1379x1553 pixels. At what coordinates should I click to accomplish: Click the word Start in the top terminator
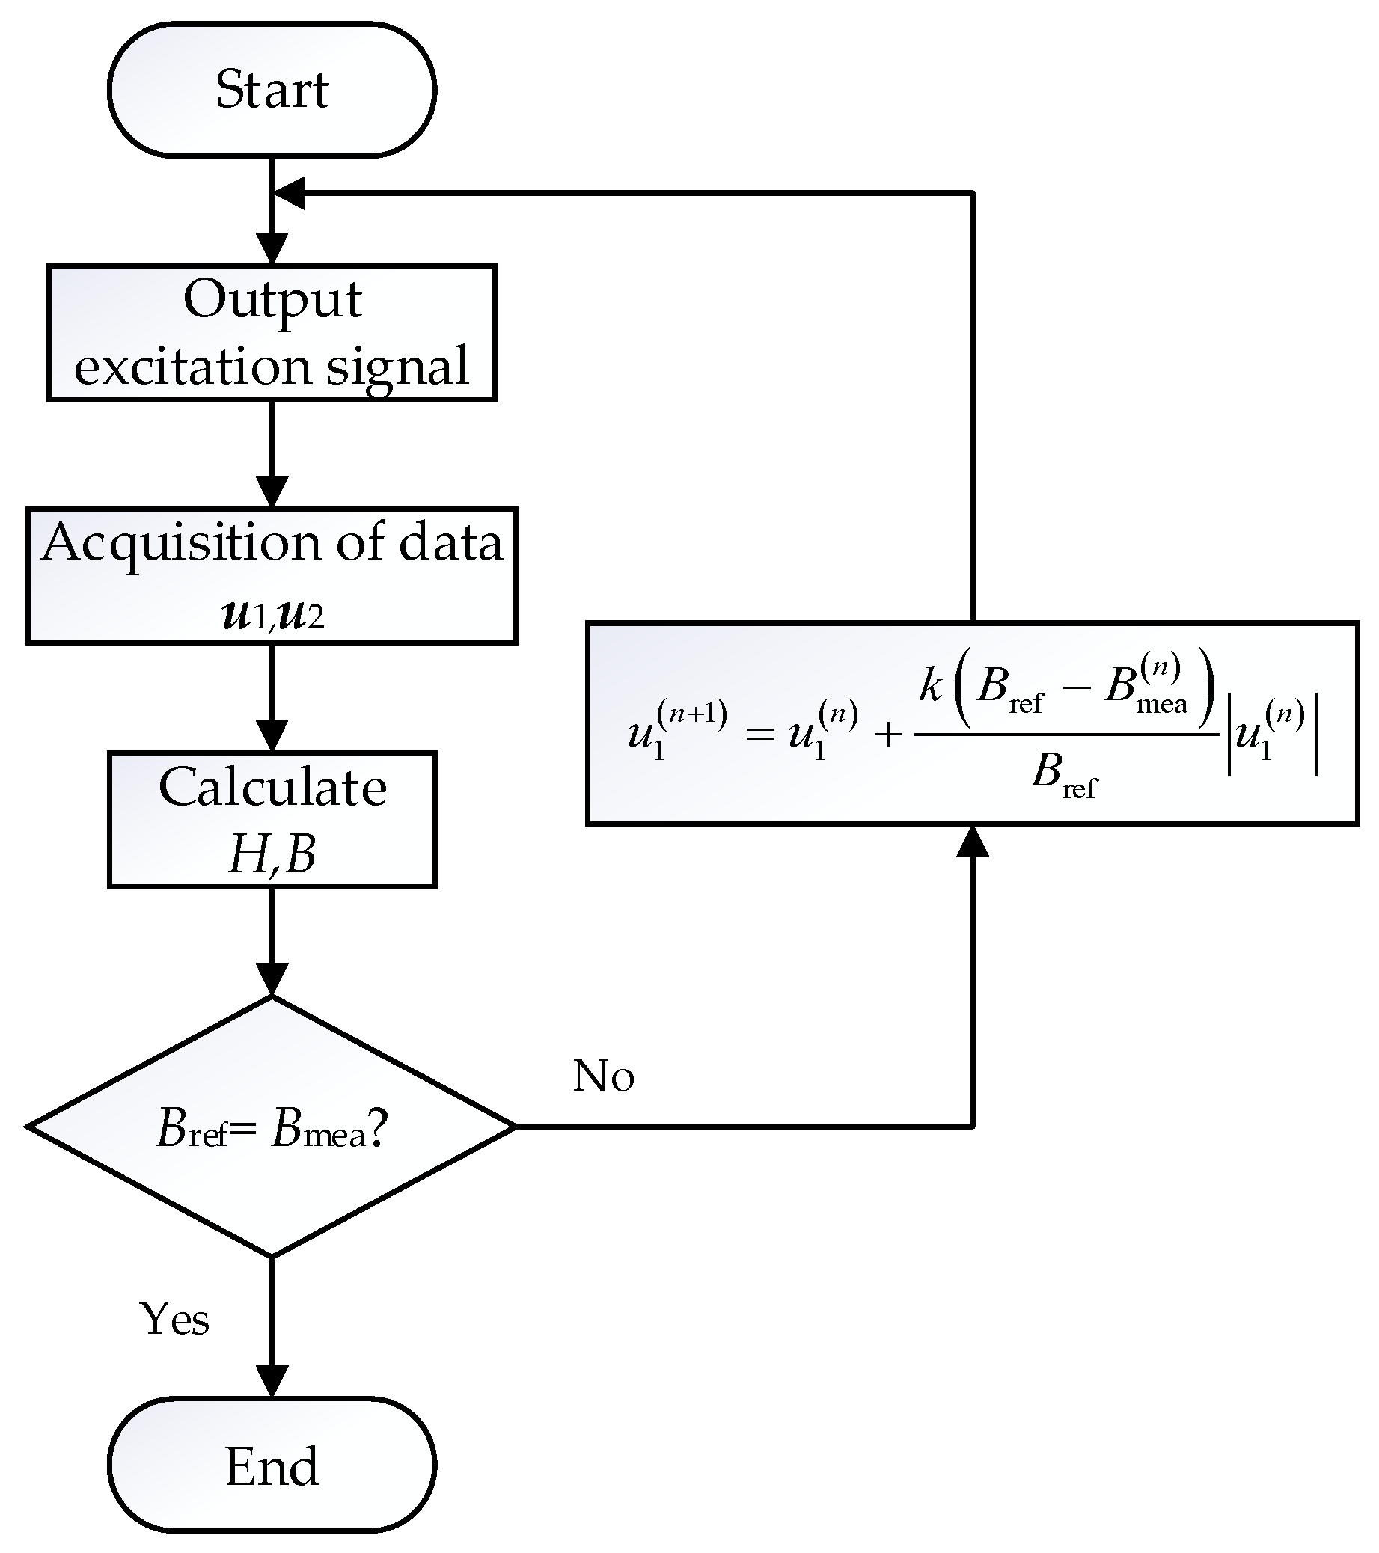click(x=272, y=90)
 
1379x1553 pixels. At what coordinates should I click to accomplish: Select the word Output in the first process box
click(x=272, y=300)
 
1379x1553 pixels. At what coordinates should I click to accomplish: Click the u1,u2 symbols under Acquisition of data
click(x=272, y=614)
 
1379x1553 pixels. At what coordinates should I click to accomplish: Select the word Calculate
click(x=272, y=787)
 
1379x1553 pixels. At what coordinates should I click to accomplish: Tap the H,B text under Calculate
click(x=272, y=854)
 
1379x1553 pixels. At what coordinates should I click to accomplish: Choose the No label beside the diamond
click(x=603, y=1076)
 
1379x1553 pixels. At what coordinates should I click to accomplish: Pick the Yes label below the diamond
click(x=175, y=1318)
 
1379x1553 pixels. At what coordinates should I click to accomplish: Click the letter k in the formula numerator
click(x=931, y=685)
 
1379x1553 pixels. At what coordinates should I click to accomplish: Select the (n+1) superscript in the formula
click(x=691, y=715)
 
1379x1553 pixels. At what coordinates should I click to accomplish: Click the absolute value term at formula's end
click(x=1273, y=737)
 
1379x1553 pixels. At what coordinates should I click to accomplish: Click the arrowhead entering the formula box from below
click(x=973, y=842)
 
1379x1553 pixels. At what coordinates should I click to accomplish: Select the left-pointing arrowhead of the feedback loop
click(x=290, y=193)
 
